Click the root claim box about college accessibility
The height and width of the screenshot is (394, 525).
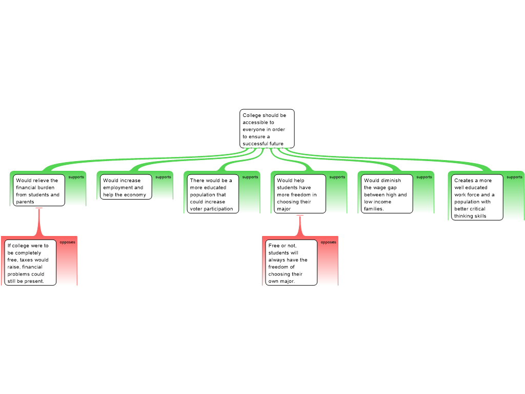point(267,129)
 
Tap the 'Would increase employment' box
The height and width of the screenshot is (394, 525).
point(126,187)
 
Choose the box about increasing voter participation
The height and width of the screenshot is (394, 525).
point(213,193)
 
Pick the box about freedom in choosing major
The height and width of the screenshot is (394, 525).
point(300,193)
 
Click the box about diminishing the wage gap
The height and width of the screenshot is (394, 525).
point(387,193)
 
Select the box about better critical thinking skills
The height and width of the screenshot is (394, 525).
point(477,198)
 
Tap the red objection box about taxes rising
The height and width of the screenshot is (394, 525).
point(30,263)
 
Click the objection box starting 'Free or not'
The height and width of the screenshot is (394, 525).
point(291,263)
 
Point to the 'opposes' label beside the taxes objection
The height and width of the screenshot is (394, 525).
point(67,242)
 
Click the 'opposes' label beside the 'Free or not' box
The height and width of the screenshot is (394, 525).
point(329,242)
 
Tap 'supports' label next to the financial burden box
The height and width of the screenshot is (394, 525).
point(76,177)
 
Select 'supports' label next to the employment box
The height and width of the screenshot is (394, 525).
point(164,177)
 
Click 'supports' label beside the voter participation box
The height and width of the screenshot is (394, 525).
point(250,177)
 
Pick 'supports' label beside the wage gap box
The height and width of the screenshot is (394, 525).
point(424,177)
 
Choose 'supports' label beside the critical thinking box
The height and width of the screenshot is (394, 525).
point(515,177)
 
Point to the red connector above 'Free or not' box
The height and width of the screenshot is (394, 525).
point(300,226)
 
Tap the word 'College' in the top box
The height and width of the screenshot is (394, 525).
point(252,115)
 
